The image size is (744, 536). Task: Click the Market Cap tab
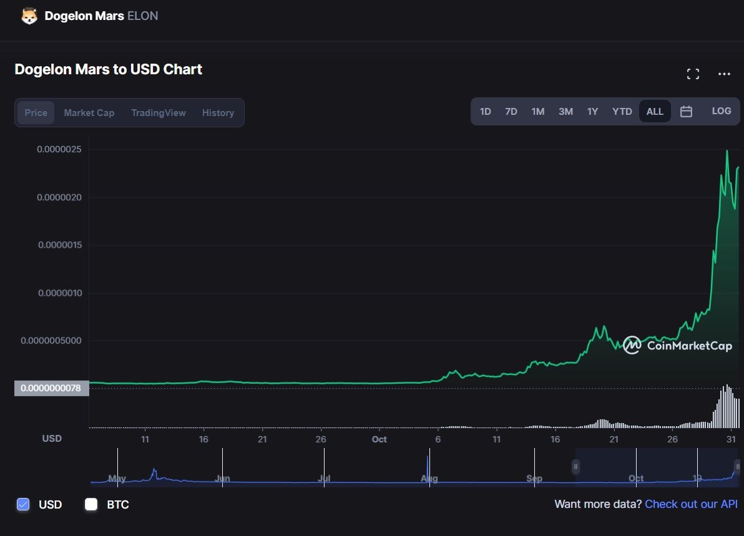[x=89, y=113]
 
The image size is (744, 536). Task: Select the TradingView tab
[x=159, y=113]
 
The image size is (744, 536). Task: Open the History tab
[x=218, y=113]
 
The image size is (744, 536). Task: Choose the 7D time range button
[x=511, y=112]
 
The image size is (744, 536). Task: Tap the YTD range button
[x=622, y=112]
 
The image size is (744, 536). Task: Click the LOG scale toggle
[x=721, y=111]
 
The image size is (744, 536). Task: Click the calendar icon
[x=686, y=112]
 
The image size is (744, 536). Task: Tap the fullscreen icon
[x=693, y=74]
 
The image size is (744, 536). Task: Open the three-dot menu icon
[x=724, y=74]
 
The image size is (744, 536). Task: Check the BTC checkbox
[x=91, y=504]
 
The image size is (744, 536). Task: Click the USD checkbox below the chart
[x=23, y=504]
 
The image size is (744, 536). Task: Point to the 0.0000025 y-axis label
[x=62, y=149]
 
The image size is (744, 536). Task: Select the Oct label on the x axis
[x=379, y=439]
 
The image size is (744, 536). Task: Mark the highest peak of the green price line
[x=727, y=151]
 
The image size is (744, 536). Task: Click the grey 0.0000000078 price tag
[x=51, y=388]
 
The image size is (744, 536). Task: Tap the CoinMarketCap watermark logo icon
[x=632, y=345]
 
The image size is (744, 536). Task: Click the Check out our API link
[x=691, y=504]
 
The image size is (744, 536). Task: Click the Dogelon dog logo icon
[x=29, y=16]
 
